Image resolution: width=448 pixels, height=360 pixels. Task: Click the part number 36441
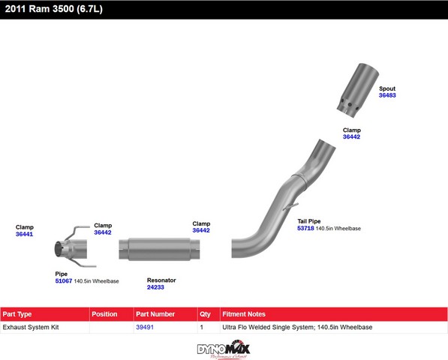(24, 234)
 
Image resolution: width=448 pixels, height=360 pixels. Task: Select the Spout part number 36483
(387, 95)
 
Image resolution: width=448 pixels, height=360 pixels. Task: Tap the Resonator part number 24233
(155, 287)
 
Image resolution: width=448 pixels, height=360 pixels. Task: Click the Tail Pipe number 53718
(305, 228)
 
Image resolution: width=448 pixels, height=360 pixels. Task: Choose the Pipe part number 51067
(64, 281)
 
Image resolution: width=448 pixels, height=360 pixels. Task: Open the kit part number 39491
(145, 327)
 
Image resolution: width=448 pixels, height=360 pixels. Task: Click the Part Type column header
(17, 314)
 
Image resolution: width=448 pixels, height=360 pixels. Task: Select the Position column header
(104, 314)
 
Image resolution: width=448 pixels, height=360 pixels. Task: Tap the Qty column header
(205, 314)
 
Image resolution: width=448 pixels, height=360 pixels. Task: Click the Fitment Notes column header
(244, 314)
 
